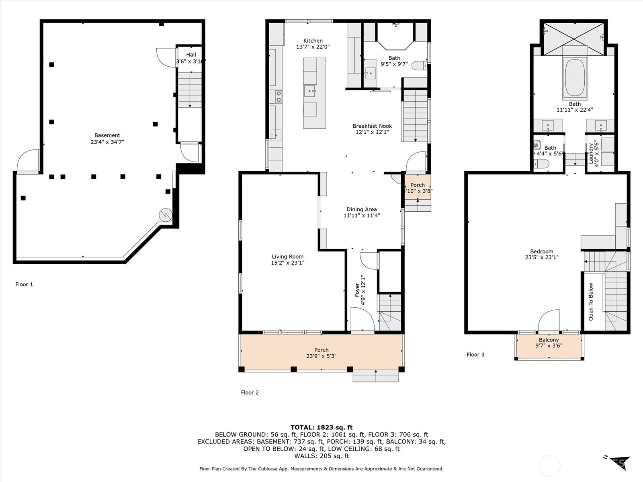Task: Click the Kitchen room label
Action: coord(313,41)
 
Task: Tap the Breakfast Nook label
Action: coord(372,126)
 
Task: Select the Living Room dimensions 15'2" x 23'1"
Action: coord(287,263)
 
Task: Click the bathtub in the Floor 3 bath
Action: coord(575,78)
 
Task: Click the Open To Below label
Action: coord(591,302)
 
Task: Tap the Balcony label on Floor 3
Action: coord(549,340)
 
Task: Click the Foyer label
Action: coord(357,290)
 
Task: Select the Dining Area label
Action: coord(362,209)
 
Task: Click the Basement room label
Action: coord(107,135)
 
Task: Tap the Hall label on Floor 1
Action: coord(191,55)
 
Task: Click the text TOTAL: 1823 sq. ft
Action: coord(321,427)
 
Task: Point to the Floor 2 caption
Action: coord(250,392)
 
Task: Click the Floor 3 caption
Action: coord(475,354)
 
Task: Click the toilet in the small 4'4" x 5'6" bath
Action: coord(542,163)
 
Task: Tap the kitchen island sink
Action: coord(310,91)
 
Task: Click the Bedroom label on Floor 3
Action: coord(541,251)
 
